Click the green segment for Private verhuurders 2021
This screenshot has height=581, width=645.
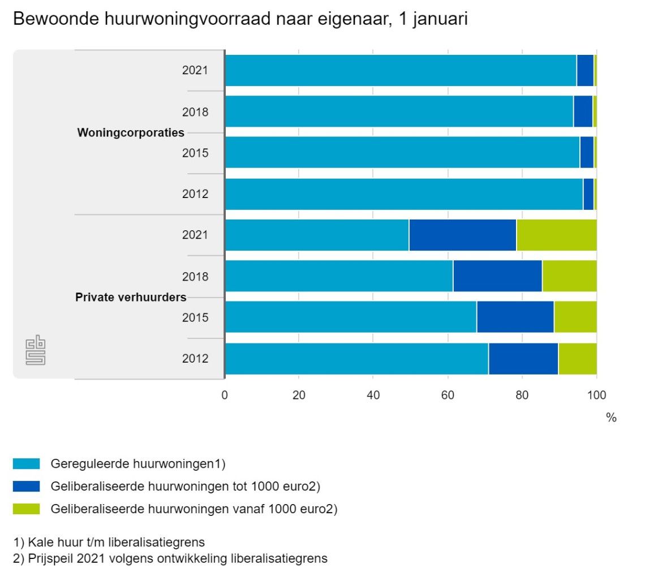coord(557,235)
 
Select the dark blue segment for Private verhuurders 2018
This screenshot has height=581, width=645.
coord(497,276)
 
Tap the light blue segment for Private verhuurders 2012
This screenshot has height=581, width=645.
coord(356,359)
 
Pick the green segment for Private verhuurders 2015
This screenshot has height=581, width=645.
coord(575,317)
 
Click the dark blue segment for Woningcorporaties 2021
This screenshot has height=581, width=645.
coord(585,71)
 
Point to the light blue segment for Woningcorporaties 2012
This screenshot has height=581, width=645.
coord(404,194)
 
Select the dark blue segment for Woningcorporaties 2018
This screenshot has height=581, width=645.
coord(583,111)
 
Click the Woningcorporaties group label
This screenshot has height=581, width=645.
coord(131,133)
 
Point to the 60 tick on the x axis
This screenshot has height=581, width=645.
coord(448,395)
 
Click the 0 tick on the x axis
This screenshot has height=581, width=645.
coord(225,395)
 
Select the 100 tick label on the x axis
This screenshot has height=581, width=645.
coord(596,395)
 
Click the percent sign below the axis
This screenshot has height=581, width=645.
coord(611,418)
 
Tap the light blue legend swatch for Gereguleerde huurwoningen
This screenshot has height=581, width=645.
coord(26,464)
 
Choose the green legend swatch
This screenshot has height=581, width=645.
coord(26,509)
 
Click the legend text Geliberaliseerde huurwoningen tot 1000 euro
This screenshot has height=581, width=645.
coord(186,487)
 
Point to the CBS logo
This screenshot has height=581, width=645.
coord(35,351)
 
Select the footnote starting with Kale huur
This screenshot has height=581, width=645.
coord(109,543)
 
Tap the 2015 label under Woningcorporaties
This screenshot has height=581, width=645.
coord(195,153)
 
